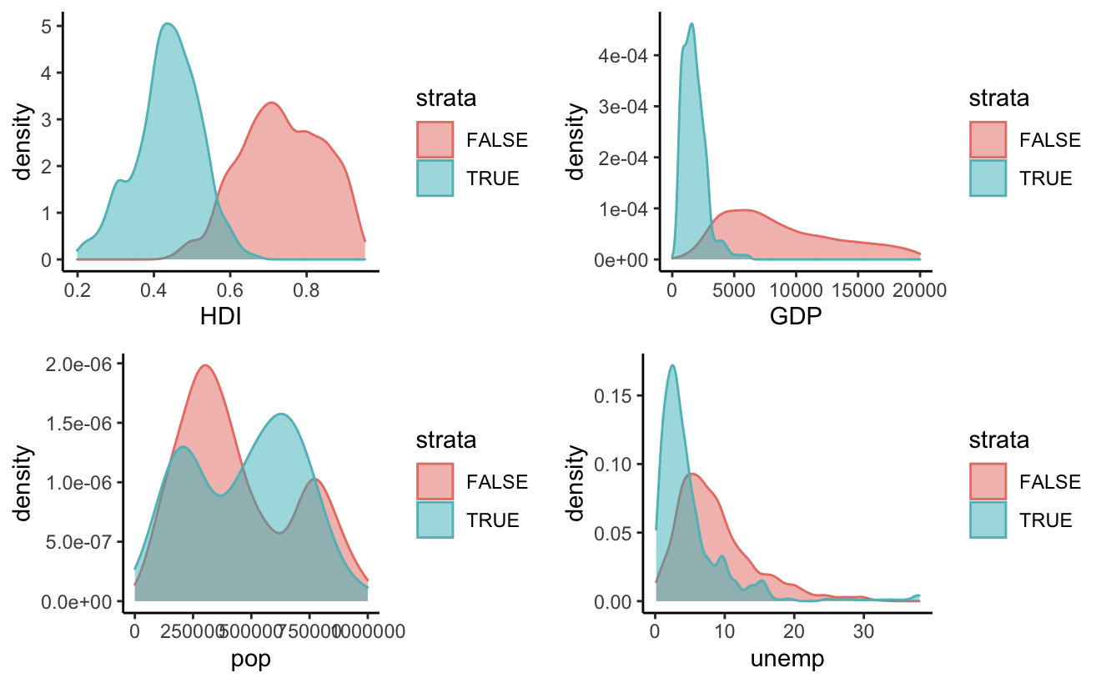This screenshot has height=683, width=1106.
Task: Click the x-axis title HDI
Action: [x=220, y=317]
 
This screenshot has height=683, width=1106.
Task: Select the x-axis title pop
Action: [x=250, y=659]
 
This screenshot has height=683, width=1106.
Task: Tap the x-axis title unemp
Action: [x=787, y=659]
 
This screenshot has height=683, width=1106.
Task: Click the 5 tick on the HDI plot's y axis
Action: [x=47, y=26]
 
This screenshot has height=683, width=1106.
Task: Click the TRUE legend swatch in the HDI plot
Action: [x=435, y=178]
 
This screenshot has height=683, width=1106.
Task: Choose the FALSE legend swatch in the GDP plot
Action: [x=988, y=139]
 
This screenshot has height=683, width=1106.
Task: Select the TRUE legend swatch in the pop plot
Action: [x=435, y=520]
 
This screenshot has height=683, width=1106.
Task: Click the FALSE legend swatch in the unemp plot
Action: [x=988, y=481]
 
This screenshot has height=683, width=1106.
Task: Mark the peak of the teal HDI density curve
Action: [x=168, y=24]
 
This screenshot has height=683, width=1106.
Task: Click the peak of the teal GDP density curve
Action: [x=691, y=24]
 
